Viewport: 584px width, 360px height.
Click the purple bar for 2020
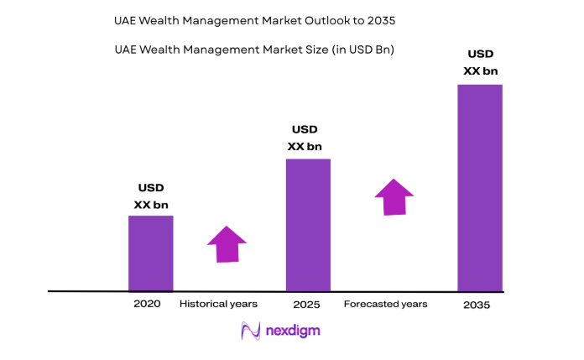pos(150,253)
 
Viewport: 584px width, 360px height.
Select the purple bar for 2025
pos(308,224)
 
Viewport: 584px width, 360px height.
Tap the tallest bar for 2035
pos(479,187)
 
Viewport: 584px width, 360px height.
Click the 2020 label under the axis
pos(146,304)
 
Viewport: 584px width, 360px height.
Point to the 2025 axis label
pos(307,305)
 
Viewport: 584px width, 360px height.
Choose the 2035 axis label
pos(477,305)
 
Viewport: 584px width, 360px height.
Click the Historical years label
pos(218,304)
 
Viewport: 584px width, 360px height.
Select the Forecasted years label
pos(385,304)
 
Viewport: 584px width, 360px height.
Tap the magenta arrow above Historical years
pos(227,244)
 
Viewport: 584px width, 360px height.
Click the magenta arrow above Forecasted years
pos(394,197)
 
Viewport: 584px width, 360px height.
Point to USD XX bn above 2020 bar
pos(150,196)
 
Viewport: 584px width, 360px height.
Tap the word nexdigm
pos(294,331)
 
